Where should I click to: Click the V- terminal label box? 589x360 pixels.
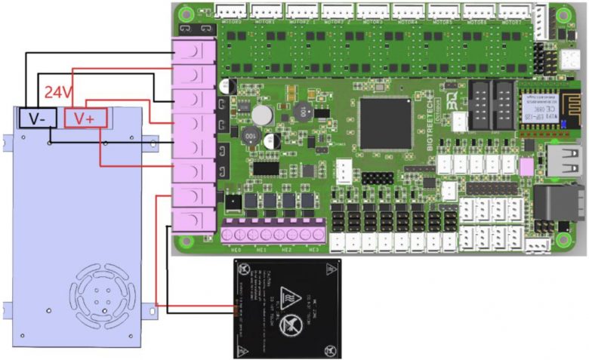tap(36, 117)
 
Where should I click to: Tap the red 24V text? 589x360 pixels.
tap(58, 92)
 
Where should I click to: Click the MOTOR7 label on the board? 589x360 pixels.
tap(513, 23)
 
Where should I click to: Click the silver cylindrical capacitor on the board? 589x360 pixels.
tap(262, 115)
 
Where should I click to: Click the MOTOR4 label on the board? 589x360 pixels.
tap(407, 23)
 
